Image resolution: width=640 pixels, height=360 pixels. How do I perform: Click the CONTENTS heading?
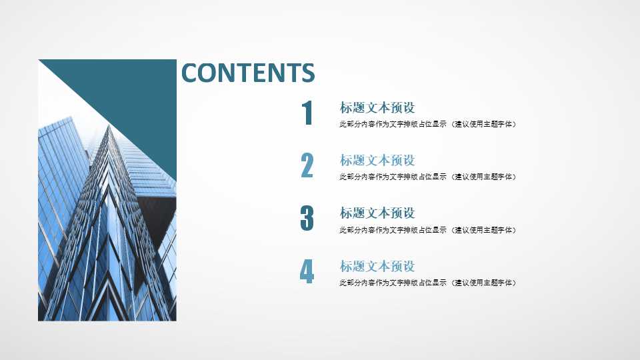(x=247, y=73)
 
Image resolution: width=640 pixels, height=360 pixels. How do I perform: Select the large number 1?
(x=307, y=113)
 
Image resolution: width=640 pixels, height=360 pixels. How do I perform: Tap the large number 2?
(x=307, y=166)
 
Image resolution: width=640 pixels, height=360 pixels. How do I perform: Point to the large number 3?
(x=307, y=219)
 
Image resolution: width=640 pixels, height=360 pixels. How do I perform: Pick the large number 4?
(x=307, y=272)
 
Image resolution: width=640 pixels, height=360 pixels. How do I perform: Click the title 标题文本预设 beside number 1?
(x=377, y=108)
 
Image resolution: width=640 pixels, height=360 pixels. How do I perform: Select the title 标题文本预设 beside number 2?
(x=377, y=161)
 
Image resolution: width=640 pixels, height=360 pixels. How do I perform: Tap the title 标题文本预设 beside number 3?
(x=377, y=213)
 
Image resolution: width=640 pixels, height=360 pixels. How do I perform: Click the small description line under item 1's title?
(x=427, y=124)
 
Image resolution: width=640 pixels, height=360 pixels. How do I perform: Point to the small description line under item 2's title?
(x=427, y=177)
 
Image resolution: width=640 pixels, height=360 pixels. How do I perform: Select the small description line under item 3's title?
(x=427, y=230)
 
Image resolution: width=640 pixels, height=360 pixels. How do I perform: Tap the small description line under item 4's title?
(x=427, y=283)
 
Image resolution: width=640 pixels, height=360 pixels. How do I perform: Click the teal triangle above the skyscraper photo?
(x=143, y=100)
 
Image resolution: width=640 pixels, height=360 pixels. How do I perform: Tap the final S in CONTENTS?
(x=307, y=73)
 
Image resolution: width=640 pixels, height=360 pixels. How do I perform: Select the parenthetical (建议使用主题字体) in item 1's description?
(x=484, y=124)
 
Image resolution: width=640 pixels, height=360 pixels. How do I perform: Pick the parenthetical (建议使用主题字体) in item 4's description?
(x=484, y=283)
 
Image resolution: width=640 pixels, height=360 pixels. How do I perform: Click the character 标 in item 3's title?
(x=346, y=213)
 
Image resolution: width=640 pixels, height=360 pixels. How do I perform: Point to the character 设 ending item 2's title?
(x=409, y=161)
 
